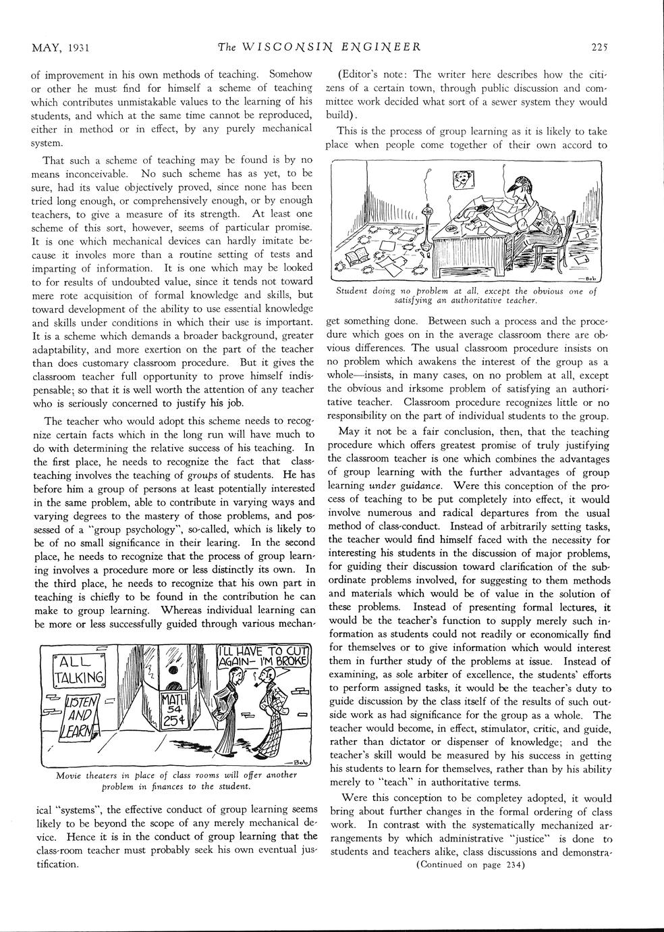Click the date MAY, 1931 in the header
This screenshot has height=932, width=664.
pyautogui.click(x=61, y=47)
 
